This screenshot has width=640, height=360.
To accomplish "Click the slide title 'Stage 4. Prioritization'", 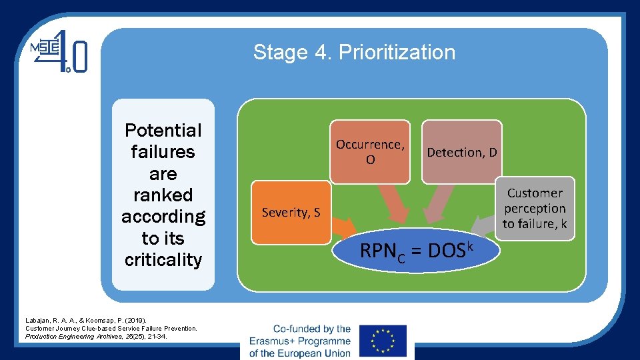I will click(354, 53).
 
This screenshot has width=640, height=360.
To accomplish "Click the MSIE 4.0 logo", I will click(59, 52).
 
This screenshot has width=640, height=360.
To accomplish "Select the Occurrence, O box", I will click(370, 152).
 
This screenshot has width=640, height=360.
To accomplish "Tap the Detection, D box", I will click(461, 152).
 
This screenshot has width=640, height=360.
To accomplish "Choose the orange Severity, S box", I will click(291, 212).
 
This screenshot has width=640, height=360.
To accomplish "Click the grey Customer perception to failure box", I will click(535, 208).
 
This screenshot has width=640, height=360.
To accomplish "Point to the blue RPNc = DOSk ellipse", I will click(416, 251).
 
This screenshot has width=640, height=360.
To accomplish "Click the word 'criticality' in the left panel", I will click(163, 260).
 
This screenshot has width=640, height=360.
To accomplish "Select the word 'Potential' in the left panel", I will click(163, 130).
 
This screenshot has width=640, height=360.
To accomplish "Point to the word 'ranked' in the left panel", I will click(163, 195).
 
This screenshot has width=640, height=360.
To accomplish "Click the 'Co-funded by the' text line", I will click(311, 329).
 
